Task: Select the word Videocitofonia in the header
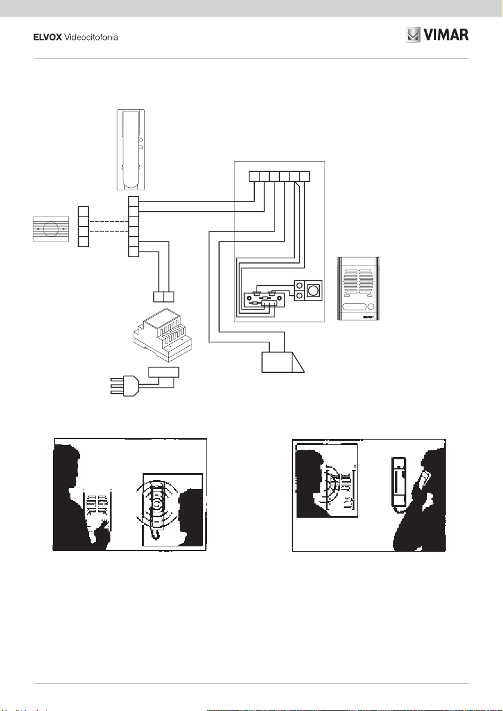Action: (x=91, y=38)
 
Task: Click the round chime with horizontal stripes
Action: (x=50, y=228)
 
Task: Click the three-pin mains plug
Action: (x=125, y=387)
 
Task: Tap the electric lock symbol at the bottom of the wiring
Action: (x=283, y=361)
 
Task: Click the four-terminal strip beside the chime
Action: (x=84, y=226)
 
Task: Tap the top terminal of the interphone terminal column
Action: (x=134, y=201)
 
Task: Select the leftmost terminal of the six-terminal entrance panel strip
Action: (x=253, y=176)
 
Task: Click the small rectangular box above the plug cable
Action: (x=163, y=372)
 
